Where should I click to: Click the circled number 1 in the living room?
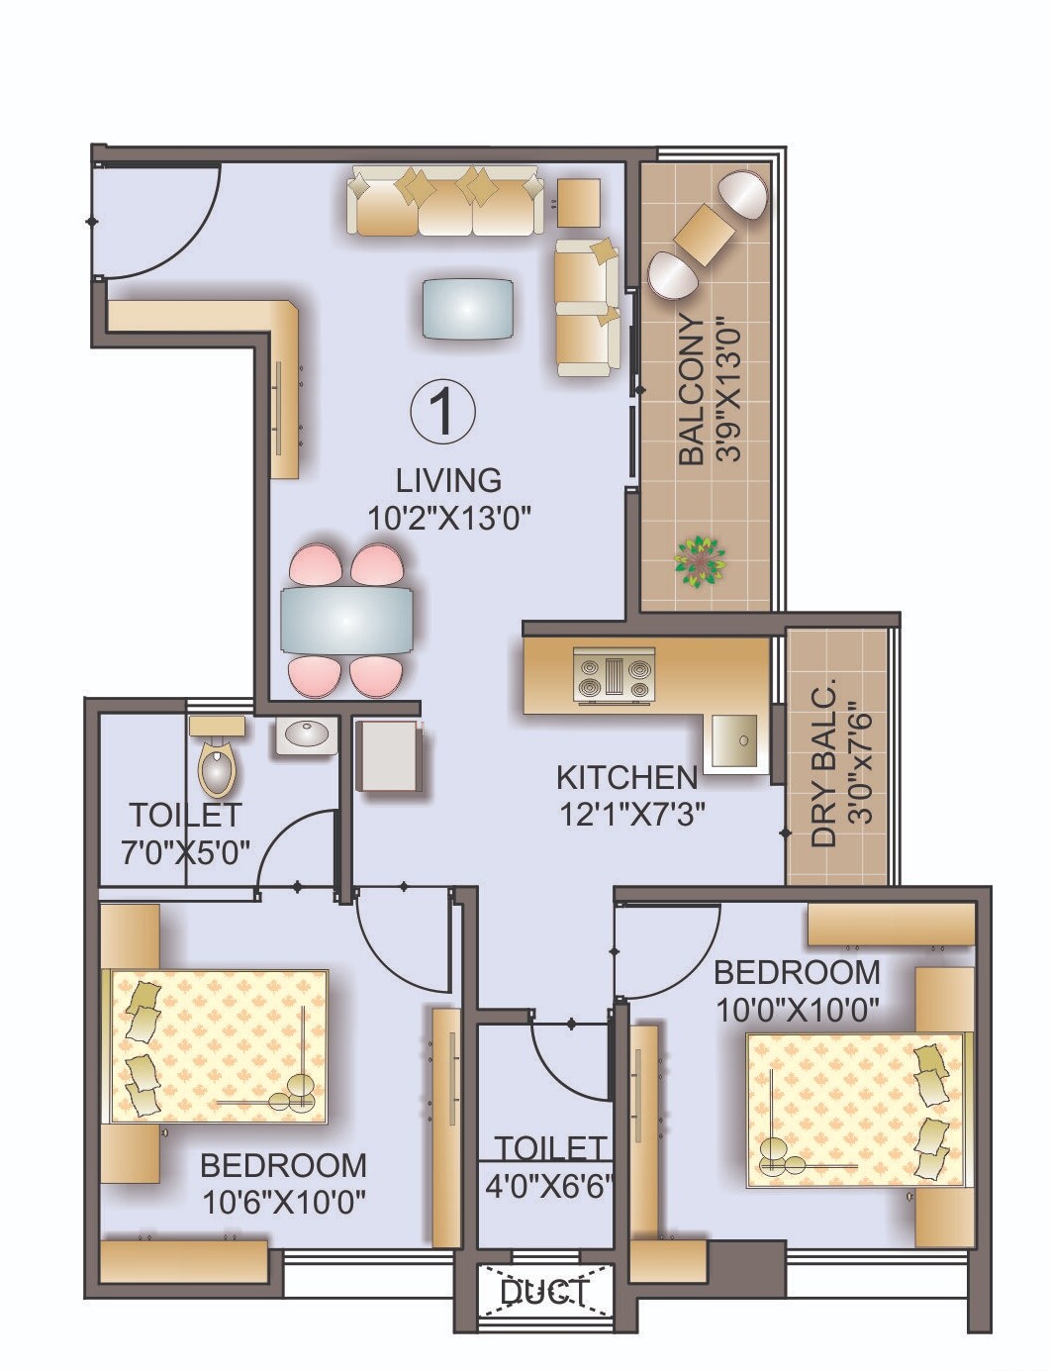click(442, 411)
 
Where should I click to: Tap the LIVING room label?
click(448, 480)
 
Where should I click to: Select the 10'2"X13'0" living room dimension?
click(449, 517)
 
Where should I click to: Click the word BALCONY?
click(693, 390)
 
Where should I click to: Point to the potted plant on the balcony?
click(700, 562)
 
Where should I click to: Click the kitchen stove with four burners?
click(615, 676)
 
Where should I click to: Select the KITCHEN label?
click(626, 777)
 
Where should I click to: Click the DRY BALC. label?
click(823, 762)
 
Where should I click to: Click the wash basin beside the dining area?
click(305, 734)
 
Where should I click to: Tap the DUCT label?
click(543, 1292)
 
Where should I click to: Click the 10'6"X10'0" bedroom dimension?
click(284, 1202)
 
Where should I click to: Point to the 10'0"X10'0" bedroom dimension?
click(797, 1012)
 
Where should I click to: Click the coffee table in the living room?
click(468, 309)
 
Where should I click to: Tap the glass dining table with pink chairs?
click(345, 620)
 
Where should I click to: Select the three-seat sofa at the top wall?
click(446, 201)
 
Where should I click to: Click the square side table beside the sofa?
click(578, 202)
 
